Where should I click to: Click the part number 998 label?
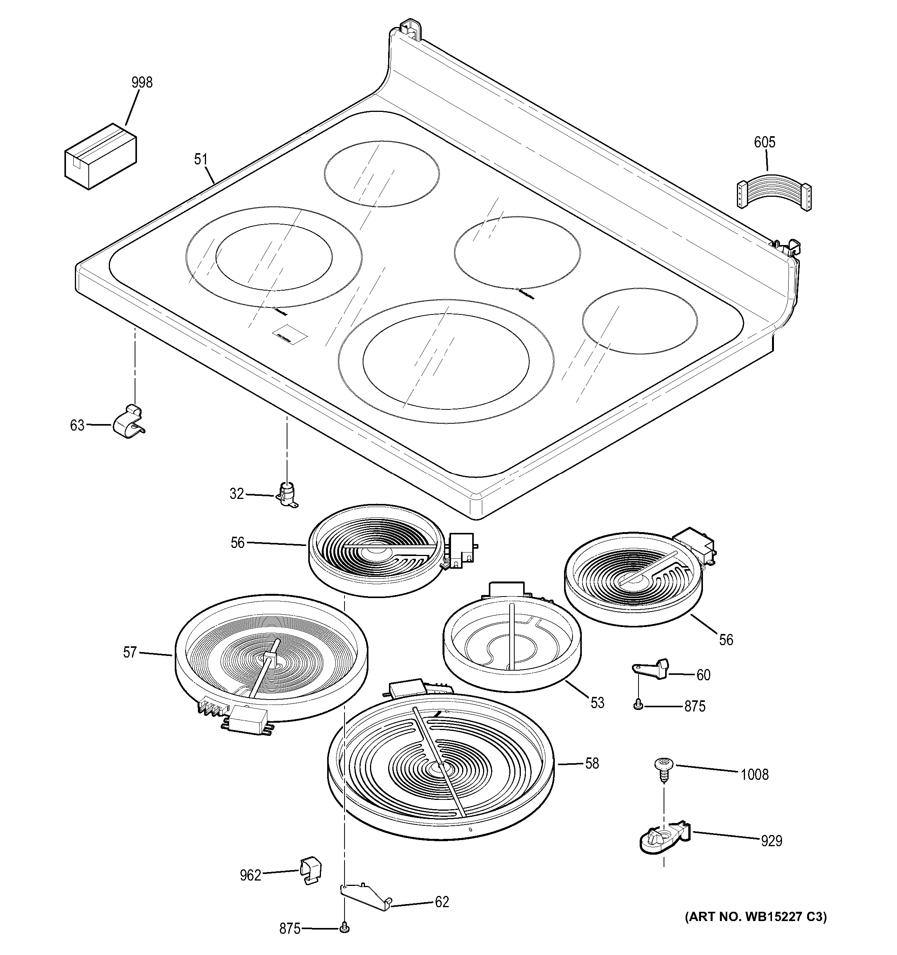click(x=142, y=83)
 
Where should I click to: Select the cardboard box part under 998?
click(x=100, y=157)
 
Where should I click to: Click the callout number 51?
click(x=201, y=159)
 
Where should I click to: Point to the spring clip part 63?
click(x=128, y=423)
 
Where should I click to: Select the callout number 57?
click(x=130, y=652)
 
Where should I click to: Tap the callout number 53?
click(x=597, y=703)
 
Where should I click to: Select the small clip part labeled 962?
click(x=311, y=871)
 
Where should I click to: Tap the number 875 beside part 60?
click(x=694, y=706)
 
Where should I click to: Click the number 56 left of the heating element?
click(x=238, y=543)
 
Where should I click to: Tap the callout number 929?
click(x=771, y=841)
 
